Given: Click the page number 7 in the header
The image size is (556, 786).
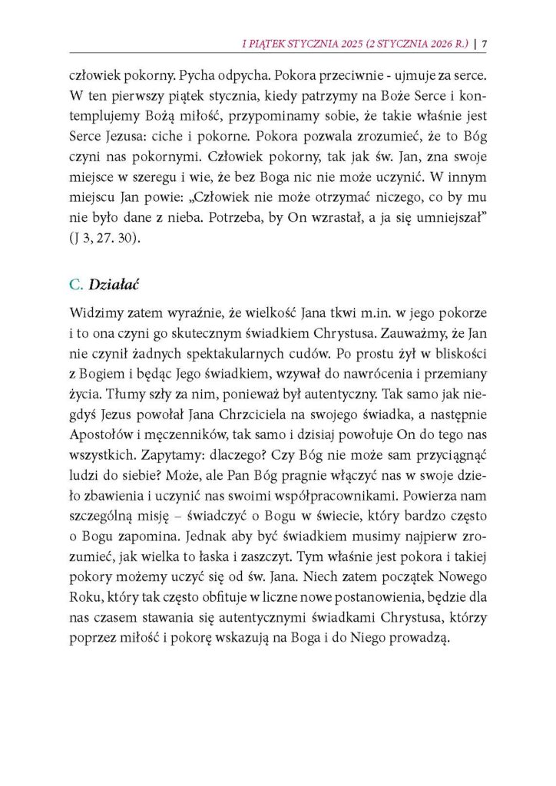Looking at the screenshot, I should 486,43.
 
